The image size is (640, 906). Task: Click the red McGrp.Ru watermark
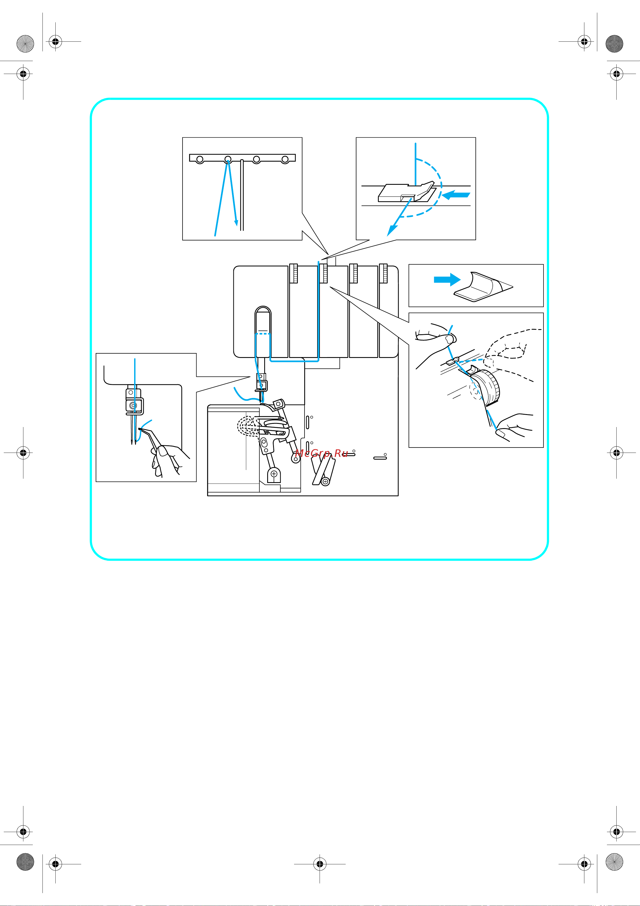click(321, 454)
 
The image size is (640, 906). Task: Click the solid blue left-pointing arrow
click(456, 194)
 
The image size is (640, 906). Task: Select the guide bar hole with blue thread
click(228, 159)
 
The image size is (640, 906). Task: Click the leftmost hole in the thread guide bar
click(200, 159)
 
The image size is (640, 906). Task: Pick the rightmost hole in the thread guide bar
click(285, 159)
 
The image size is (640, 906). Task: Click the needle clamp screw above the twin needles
click(134, 405)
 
